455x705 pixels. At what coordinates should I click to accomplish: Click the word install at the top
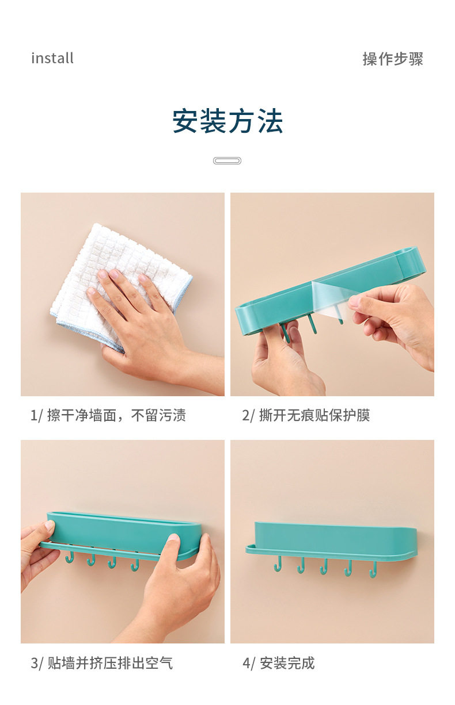tap(52, 58)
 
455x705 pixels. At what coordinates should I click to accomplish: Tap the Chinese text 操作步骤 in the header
tap(393, 59)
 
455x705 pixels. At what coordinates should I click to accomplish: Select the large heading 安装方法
tap(227, 121)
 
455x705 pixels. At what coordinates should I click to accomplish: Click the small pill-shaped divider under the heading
tap(227, 161)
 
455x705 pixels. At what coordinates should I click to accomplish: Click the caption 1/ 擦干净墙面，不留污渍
tap(108, 415)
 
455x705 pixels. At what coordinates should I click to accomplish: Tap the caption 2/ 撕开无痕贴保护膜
tap(306, 415)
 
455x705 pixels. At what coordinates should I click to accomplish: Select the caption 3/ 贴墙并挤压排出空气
tap(101, 663)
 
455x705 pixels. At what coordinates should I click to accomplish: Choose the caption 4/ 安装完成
tap(278, 663)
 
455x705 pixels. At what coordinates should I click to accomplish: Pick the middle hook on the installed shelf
tap(324, 566)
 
